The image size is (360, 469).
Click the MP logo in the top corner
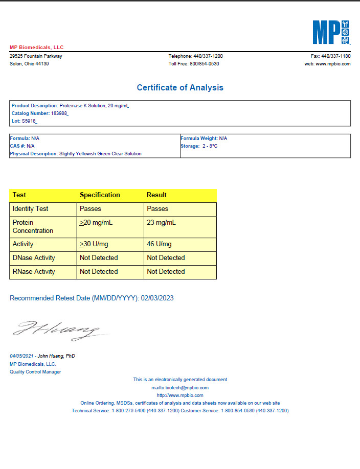pyautogui.click(x=331, y=33)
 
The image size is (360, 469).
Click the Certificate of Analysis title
pyautogui.click(x=180, y=88)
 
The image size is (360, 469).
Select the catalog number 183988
pyautogui.click(x=59, y=113)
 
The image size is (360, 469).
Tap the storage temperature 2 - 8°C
pyautogui.click(x=210, y=146)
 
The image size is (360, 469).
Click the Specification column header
pyautogui.click(x=100, y=195)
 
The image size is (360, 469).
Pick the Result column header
pyautogui.click(x=156, y=195)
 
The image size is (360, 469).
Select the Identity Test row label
pyautogui.click(x=30, y=209)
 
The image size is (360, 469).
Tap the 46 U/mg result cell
pyautogui.click(x=159, y=244)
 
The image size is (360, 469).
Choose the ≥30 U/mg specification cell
pyautogui.click(x=97, y=244)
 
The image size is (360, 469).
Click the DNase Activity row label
pyautogui.click(x=34, y=258)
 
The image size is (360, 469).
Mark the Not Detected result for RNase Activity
pyautogui.click(x=166, y=272)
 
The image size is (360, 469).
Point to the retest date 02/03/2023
pyautogui.click(x=157, y=298)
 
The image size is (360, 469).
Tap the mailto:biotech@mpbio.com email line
pyautogui.click(x=180, y=388)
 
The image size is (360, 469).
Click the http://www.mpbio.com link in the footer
pyautogui.click(x=180, y=395)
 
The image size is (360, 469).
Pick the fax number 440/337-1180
pyautogui.click(x=335, y=56)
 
